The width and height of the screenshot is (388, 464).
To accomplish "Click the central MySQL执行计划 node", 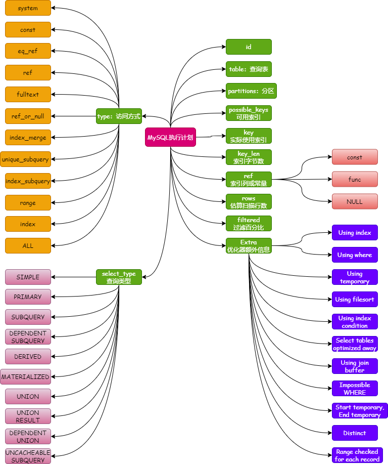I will point(170,137).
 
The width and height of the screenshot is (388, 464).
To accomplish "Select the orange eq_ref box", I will point(28,51).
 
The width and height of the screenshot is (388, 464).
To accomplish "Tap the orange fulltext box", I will point(28,95).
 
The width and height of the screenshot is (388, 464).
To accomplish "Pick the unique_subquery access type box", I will point(25,159).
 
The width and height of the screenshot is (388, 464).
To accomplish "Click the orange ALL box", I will point(28,246).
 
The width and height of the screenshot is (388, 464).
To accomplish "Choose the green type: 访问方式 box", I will point(119,116).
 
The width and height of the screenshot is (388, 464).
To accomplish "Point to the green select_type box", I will point(119,277).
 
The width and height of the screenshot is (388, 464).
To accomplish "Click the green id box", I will point(249,47).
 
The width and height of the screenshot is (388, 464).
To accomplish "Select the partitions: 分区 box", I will point(251,91).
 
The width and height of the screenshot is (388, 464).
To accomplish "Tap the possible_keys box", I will point(249,113).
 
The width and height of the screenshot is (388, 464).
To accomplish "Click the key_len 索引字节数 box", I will point(249,157).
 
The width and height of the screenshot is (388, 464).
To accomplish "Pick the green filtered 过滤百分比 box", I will point(249,224).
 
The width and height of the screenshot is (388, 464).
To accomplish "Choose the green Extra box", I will point(249,246).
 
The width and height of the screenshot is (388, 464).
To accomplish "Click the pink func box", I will point(355,180).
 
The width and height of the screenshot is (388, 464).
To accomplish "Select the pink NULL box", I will point(355,201).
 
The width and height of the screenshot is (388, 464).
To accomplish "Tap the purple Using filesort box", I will point(355,300).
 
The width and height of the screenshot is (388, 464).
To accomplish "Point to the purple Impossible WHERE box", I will point(355,389).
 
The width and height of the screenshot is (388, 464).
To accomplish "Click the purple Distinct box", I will point(355,433).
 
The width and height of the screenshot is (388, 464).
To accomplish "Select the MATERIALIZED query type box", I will point(25,377).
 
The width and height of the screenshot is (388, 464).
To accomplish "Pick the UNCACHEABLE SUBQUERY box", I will point(28,456).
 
